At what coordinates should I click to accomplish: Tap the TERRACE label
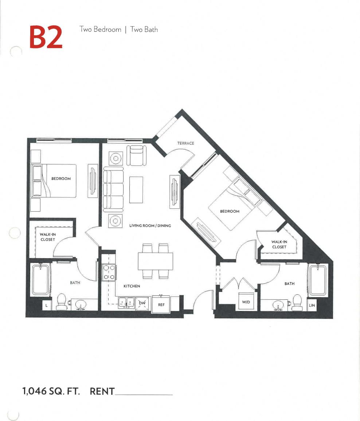tap(185, 143)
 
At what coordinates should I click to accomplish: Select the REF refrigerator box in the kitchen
tap(161, 304)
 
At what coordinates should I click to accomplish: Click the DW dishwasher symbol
tap(142, 303)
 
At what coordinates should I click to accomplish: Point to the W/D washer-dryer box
tap(246, 302)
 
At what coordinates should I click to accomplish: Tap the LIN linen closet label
tap(312, 305)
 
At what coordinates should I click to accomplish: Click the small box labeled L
tap(46, 306)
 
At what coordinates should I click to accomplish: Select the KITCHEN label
tap(132, 286)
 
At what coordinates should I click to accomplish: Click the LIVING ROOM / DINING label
tap(150, 226)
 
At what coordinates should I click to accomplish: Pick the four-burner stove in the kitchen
tap(109, 272)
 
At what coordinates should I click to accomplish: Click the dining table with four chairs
tap(155, 261)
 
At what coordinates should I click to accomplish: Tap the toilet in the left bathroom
tap(62, 302)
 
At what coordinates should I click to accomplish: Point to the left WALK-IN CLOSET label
tap(48, 237)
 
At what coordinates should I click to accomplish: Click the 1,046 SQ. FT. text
tap(51, 392)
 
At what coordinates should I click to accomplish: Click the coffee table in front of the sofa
tap(136, 189)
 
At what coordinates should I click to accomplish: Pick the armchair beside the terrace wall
tap(136, 155)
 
